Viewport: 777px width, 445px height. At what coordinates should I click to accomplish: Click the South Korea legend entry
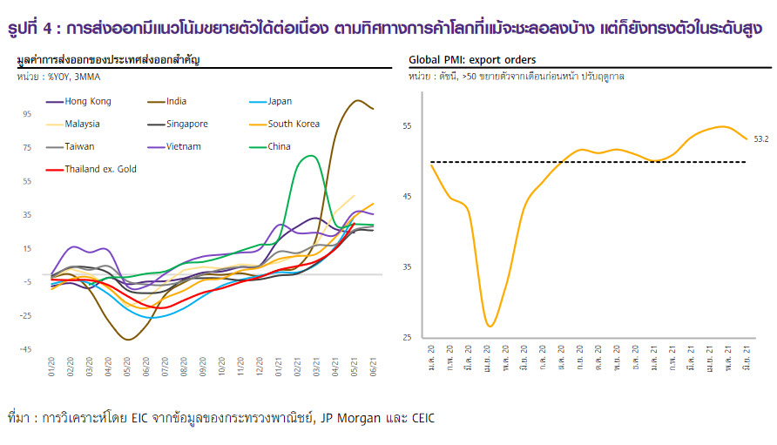tap(293, 124)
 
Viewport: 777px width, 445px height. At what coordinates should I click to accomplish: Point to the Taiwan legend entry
tap(79, 146)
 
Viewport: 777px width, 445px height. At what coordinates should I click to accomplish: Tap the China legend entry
tap(279, 146)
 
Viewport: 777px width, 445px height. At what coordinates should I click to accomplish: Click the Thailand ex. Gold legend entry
tap(100, 169)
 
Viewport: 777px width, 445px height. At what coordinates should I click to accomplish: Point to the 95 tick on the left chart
tap(27, 114)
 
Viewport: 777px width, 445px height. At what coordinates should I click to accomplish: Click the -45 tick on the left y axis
tap(26, 349)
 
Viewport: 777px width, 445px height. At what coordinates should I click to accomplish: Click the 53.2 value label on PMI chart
tap(760, 138)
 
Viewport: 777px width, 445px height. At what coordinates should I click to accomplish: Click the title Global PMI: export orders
tap(472, 60)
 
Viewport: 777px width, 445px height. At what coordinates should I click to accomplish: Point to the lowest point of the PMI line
tap(490, 326)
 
